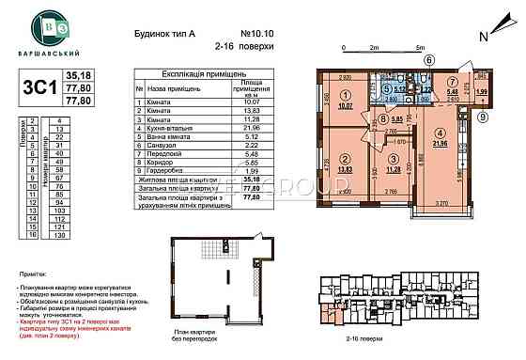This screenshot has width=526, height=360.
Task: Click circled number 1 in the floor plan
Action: click(x=345, y=94)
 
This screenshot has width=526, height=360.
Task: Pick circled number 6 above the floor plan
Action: click(x=429, y=59)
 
